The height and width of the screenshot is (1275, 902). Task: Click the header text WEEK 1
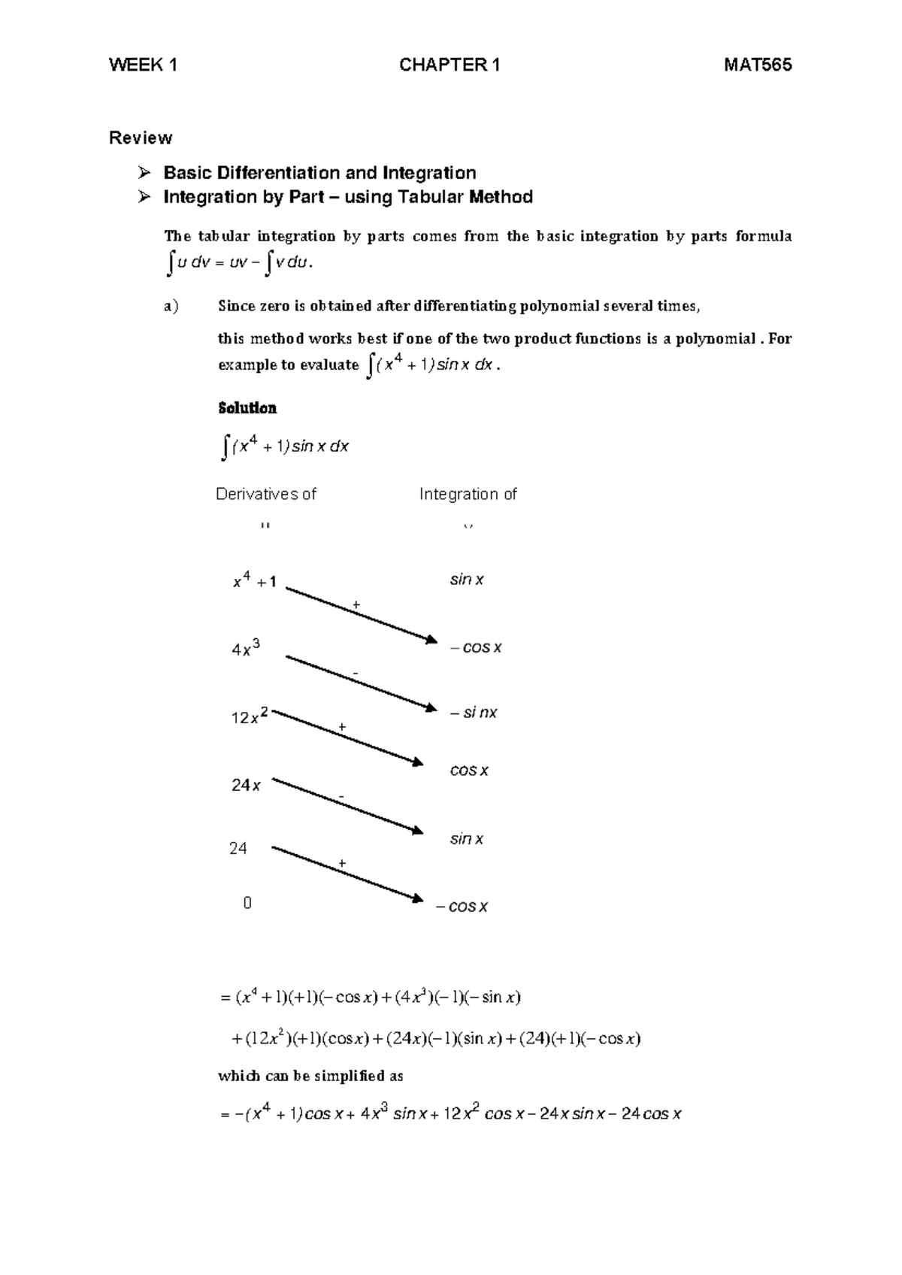coord(143,65)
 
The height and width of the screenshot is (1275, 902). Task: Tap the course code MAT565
coord(758,65)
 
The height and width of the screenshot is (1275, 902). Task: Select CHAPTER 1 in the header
coord(449,65)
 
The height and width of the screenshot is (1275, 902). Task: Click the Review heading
coord(141,138)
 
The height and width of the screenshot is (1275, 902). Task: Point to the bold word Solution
coord(247,408)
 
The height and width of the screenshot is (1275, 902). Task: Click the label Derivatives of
coord(266,494)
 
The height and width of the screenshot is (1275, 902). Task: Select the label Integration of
coord(468,494)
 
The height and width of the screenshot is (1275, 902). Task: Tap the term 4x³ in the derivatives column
coord(247,649)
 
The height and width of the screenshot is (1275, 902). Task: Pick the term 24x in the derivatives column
coord(246,786)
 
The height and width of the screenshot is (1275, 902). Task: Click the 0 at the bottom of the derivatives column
coord(247,903)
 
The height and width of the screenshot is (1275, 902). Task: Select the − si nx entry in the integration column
coord(474,713)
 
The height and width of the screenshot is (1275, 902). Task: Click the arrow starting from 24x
coord(346,805)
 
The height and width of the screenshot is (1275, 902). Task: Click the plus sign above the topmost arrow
coord(356,604)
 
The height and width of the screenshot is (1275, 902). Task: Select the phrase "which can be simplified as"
coord(310,1076)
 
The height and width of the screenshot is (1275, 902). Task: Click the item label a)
coord(171,306)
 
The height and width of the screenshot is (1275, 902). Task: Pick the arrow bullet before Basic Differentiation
coord(145,174)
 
